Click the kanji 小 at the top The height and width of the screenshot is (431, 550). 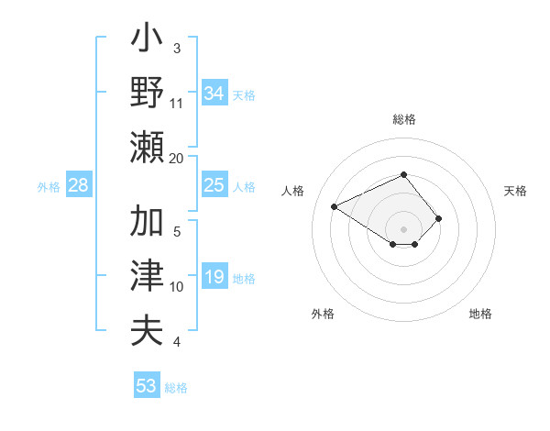click(x=148, y=41)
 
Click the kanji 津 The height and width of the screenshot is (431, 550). click(x=148, y=276)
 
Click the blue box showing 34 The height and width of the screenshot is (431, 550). click(x=214, y=94)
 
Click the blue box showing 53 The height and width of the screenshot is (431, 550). click(x=147, y=386)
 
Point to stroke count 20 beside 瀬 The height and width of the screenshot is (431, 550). click(x=177, y=158)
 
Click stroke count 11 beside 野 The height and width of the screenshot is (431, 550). click(x=177, y=102)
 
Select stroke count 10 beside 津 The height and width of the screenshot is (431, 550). click(x=177, y=286)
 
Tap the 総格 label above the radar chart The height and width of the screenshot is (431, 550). click(x=403, y=119)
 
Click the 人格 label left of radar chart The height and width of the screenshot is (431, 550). click(x=293, y=191)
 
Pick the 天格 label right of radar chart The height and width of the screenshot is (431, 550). click(x=515, y=191)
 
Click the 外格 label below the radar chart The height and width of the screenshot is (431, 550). click(x=323, y=314)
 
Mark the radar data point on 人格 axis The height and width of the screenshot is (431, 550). click(x=335, y=206)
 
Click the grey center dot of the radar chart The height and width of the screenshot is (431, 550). click(x=403, y=228)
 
